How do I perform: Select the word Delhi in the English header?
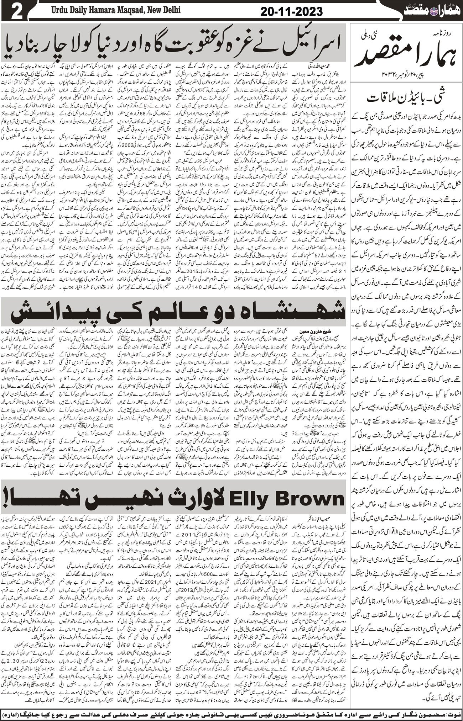[171, 10]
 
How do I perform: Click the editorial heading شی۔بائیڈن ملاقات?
[406, 97]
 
